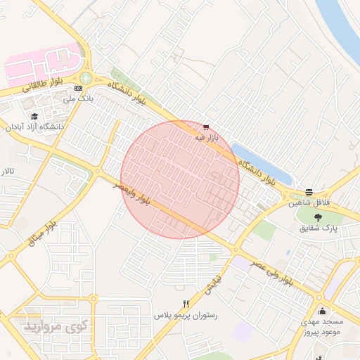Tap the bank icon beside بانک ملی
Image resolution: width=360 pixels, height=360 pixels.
(77, 87)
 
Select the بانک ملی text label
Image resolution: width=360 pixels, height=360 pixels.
(78, 99)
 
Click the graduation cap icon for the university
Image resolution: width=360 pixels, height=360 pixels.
(33, 116)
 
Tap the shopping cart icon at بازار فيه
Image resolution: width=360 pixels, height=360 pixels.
(205, 127)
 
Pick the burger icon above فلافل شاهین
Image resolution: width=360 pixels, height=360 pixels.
(309, 192)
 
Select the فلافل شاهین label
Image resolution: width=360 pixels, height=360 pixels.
(309, 203)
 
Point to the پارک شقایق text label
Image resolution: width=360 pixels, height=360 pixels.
(319, 229)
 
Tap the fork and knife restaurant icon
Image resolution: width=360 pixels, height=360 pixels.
(186, 304)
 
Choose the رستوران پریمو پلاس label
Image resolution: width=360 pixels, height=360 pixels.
(186, 316)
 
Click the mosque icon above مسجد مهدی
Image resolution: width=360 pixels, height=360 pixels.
(322, 311)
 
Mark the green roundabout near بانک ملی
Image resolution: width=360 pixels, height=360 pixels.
(86, 77)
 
